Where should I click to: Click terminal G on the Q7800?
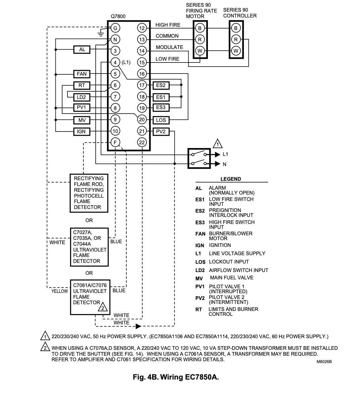(115, 28)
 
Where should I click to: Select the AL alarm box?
(82, 50)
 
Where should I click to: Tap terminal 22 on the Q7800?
(142, 142)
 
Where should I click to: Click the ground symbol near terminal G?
(101, 33)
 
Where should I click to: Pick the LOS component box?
(161, 120)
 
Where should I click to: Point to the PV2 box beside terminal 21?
(161, 131)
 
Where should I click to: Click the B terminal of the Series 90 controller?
(236, 28)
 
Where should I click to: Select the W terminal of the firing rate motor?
(200, 51)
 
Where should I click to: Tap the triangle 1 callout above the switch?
(217, 144)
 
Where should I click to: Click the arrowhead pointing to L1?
(217, 154)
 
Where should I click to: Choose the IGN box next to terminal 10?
(82, 131)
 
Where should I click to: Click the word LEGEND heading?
(231, 179)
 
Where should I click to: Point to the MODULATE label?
(170, 47)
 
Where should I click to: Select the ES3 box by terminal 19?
(161, 108)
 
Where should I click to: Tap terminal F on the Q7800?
(115, 142)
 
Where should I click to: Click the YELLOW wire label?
(59, 291)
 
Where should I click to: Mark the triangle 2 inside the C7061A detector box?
(103, 307)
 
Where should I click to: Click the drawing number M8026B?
(324, 361)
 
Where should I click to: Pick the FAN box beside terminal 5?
(82, 74)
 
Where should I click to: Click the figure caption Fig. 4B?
(176, 377)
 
